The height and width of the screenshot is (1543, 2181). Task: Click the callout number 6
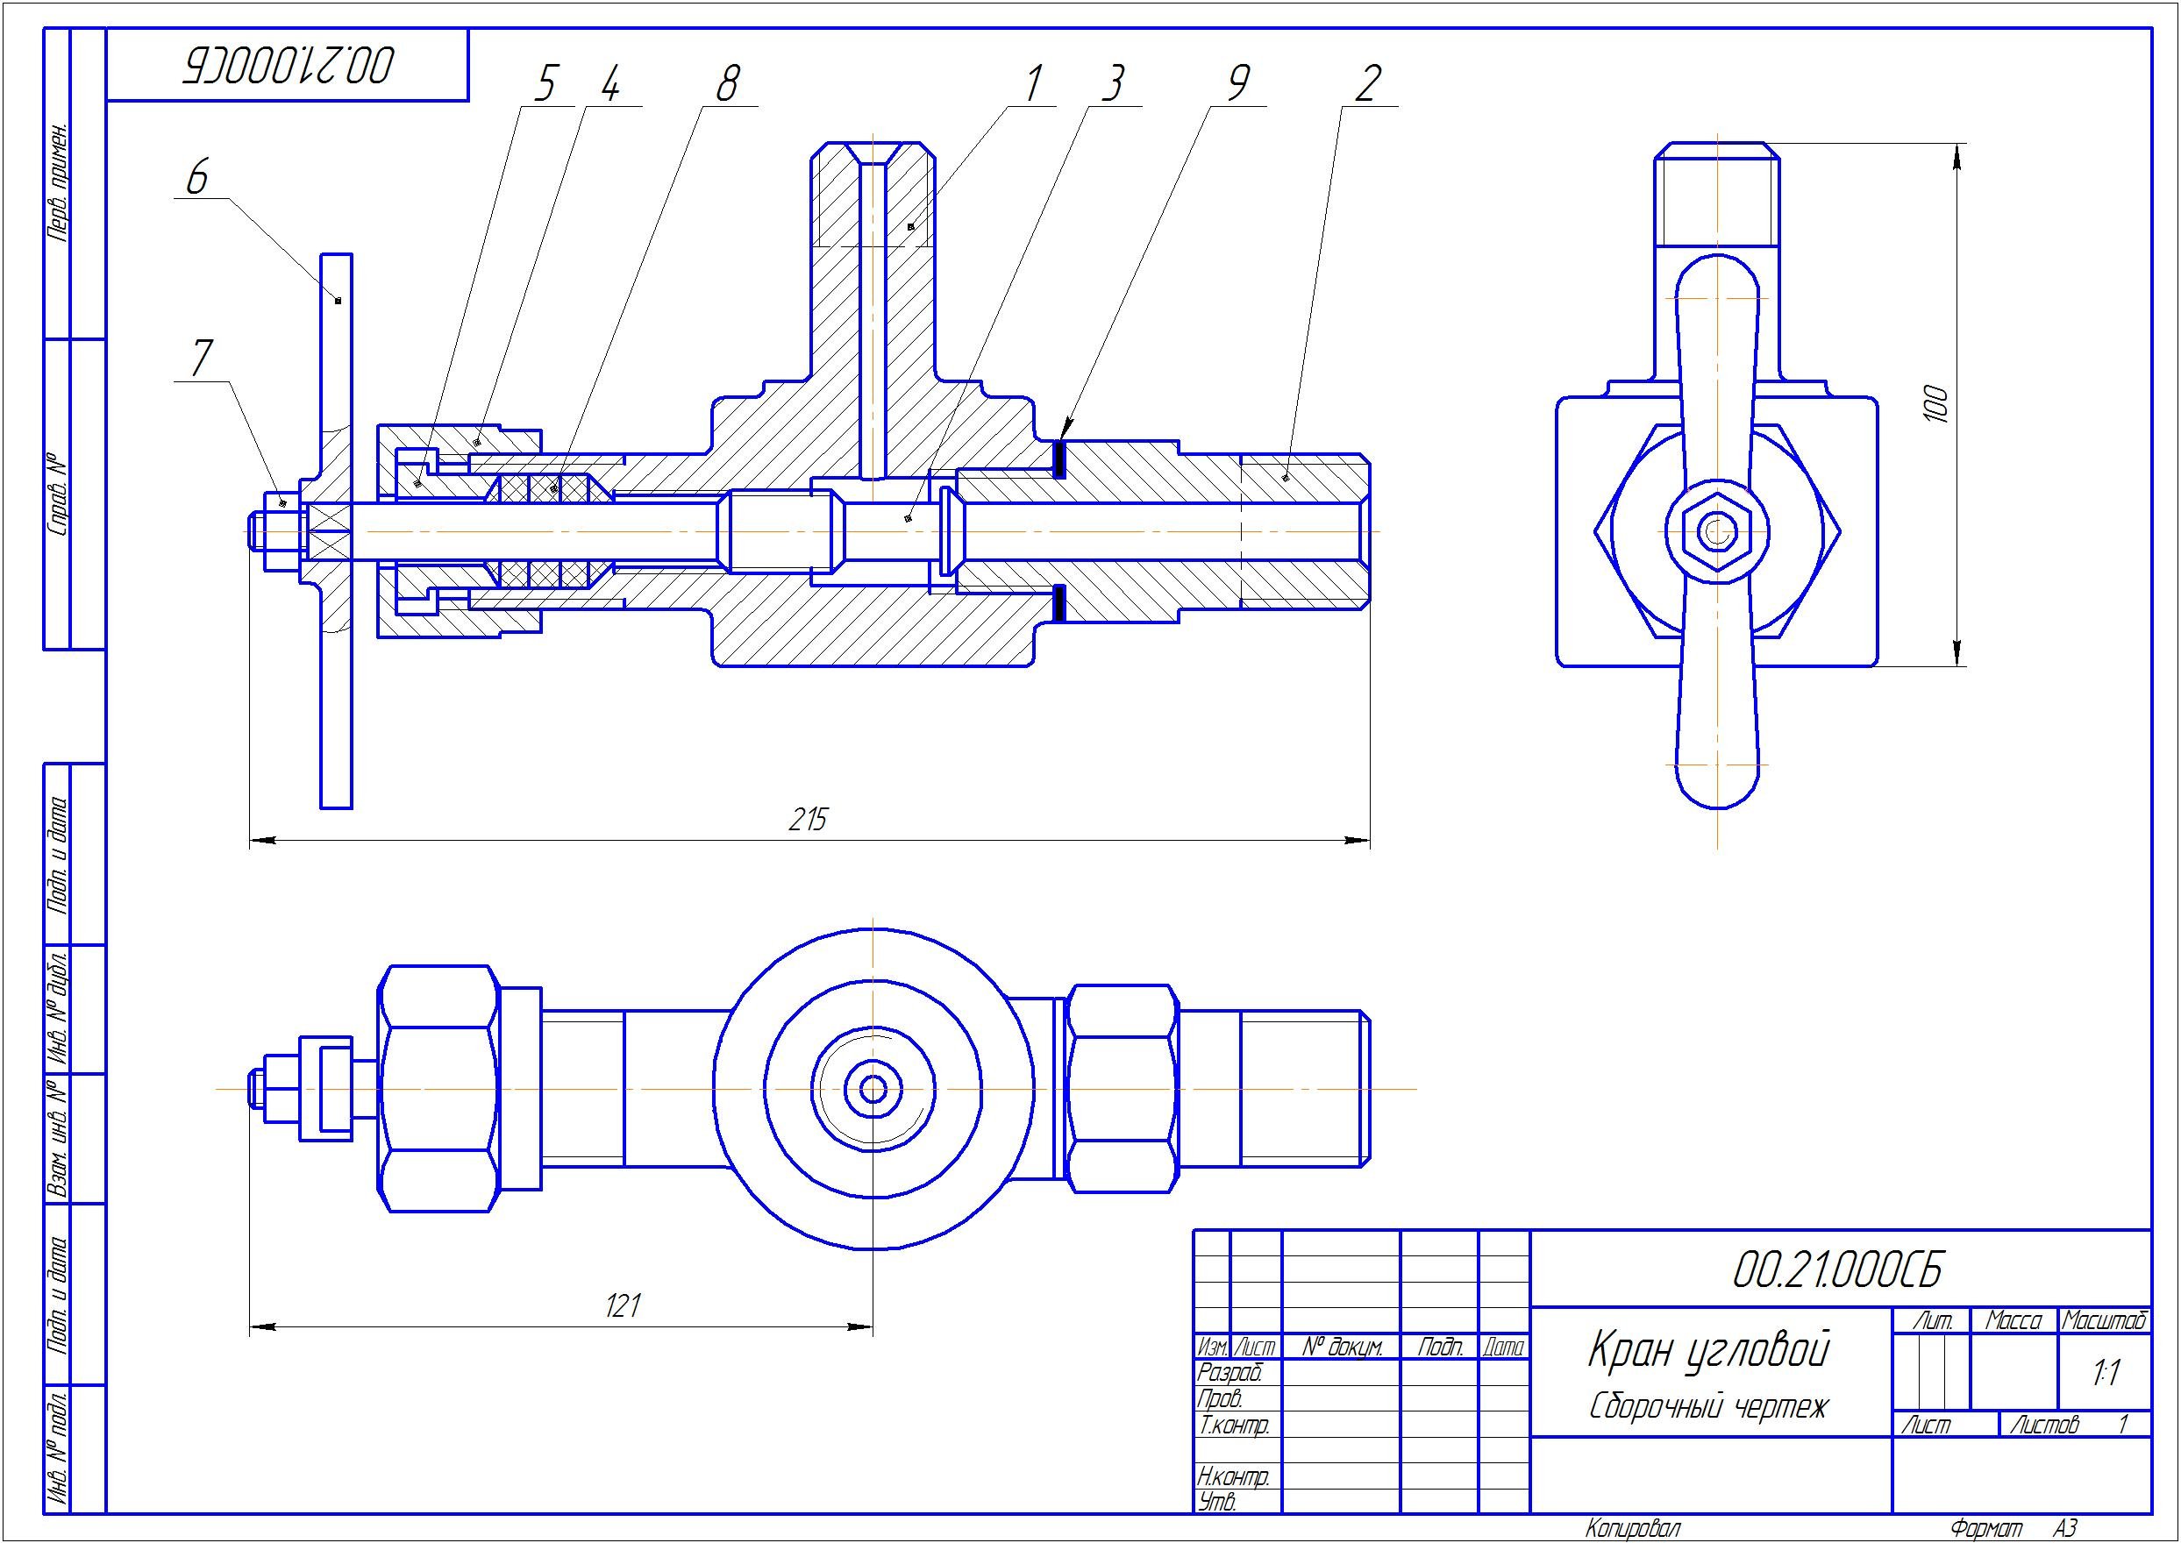pos(196,178)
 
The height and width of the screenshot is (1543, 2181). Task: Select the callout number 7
pos(202,359)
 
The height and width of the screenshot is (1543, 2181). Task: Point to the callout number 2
pos(1365,83)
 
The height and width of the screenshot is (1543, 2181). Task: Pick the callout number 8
pos(726,83)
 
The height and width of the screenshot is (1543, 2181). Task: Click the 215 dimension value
pos(808,819)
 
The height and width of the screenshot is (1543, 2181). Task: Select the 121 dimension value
pos(624,1306)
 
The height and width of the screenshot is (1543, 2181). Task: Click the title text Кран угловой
pos(1708,1350)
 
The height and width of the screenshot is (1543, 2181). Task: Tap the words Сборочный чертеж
pos(1708,1407)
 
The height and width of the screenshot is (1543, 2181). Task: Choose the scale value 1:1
pos(2106,1373)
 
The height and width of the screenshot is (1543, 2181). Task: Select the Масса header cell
pos(2013,1320)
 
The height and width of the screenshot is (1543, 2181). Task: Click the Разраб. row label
pos(1230,1373)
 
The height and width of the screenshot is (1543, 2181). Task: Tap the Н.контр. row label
pos(1233,1477)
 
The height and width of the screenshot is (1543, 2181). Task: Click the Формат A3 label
pos(2014,1529)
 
